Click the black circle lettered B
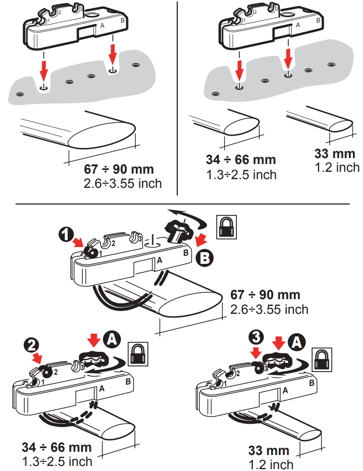(204, 258)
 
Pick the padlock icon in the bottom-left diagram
(137, 353)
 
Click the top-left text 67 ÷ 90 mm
(119, 169)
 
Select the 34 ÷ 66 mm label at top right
(241, 159)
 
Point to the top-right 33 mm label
(335, 153)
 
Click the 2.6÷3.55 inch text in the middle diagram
(269, 309)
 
